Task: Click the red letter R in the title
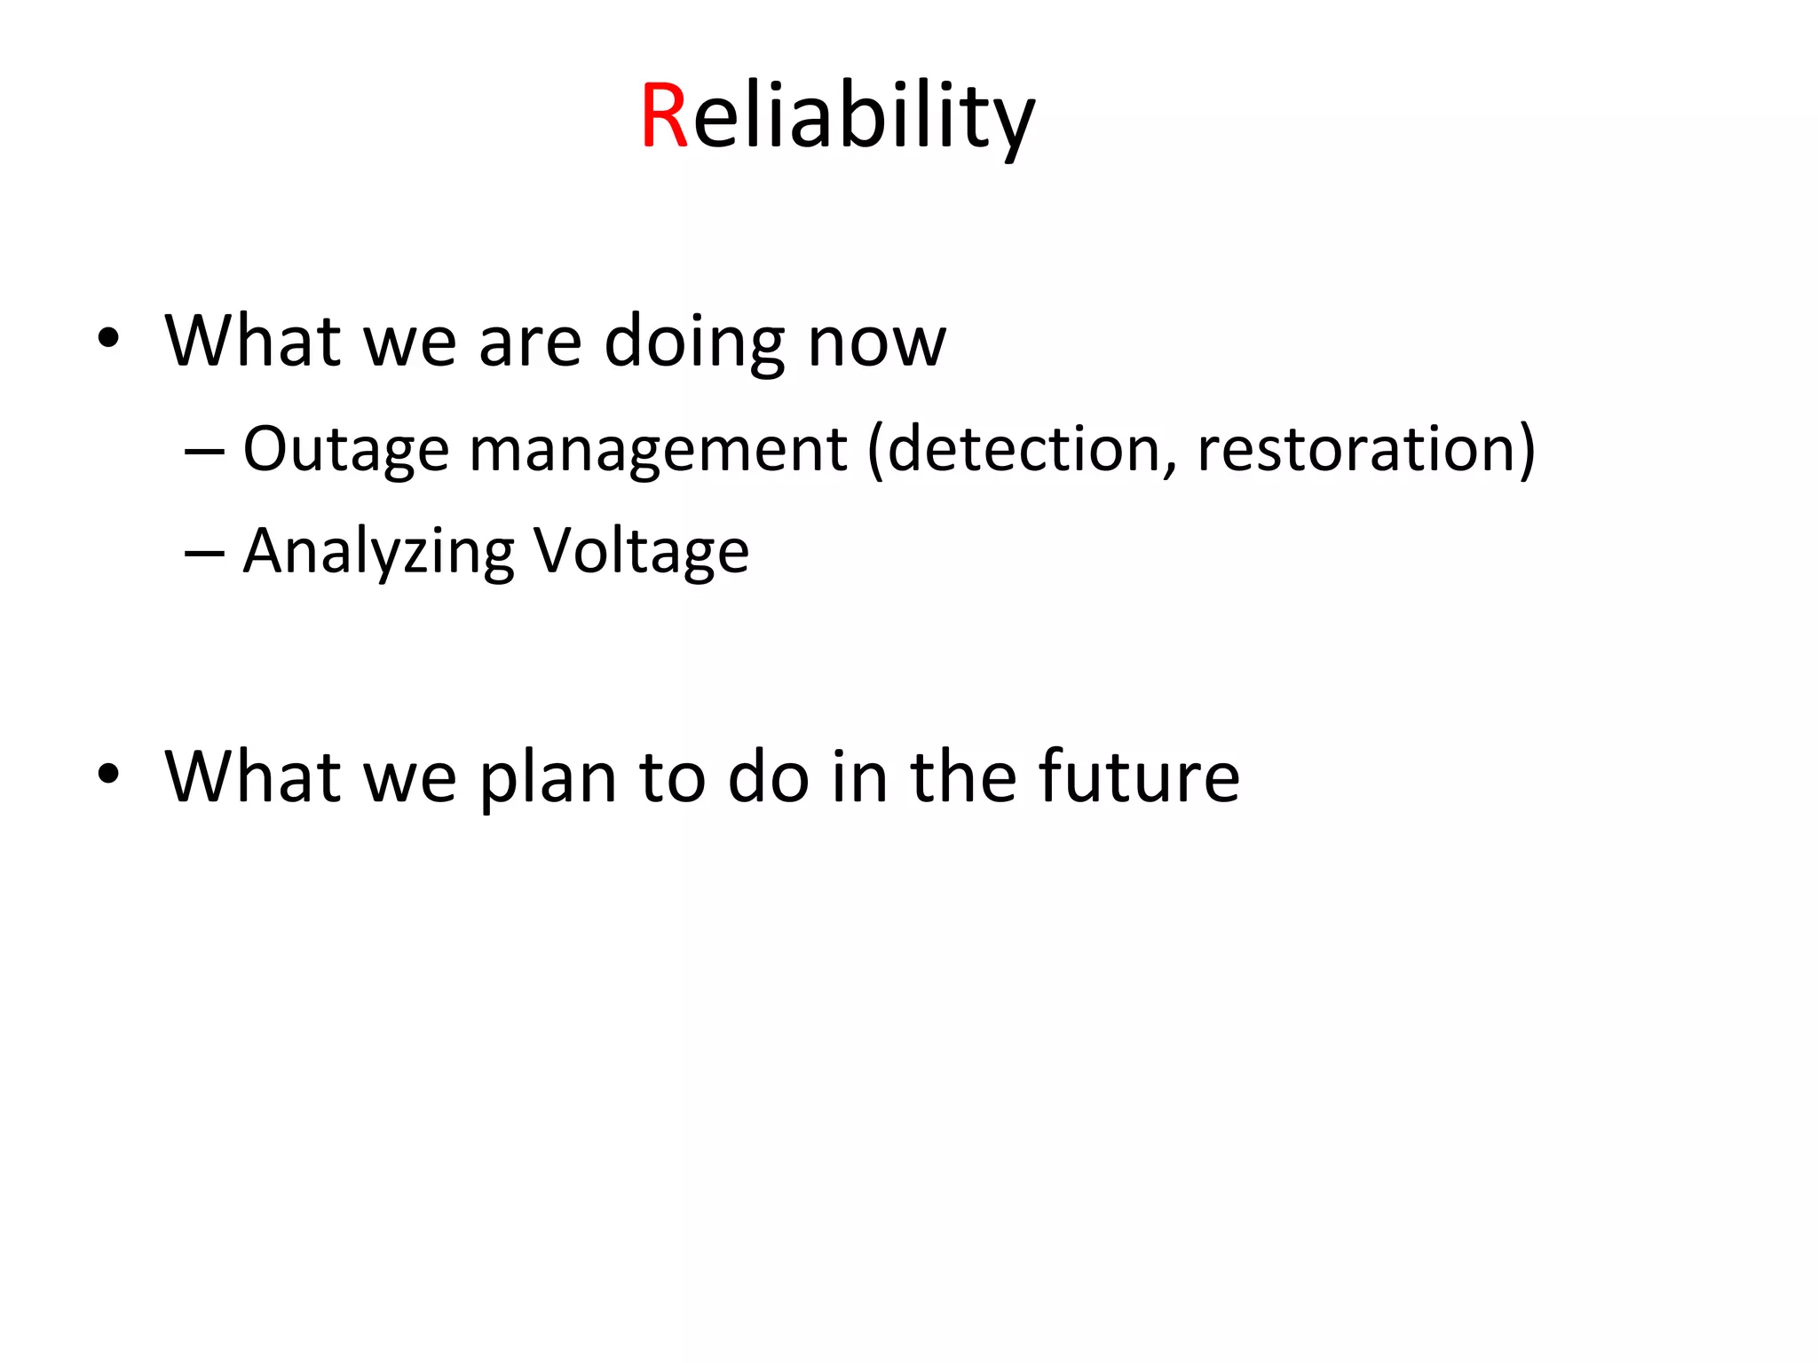pos(664,115)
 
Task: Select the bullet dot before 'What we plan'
pos(108,773)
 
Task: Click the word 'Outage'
pos(345,450)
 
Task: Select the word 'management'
pos(658,450)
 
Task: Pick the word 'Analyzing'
pos(378,552)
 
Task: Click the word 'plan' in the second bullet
pos(548,777)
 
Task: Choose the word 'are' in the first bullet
pos(530,344)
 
